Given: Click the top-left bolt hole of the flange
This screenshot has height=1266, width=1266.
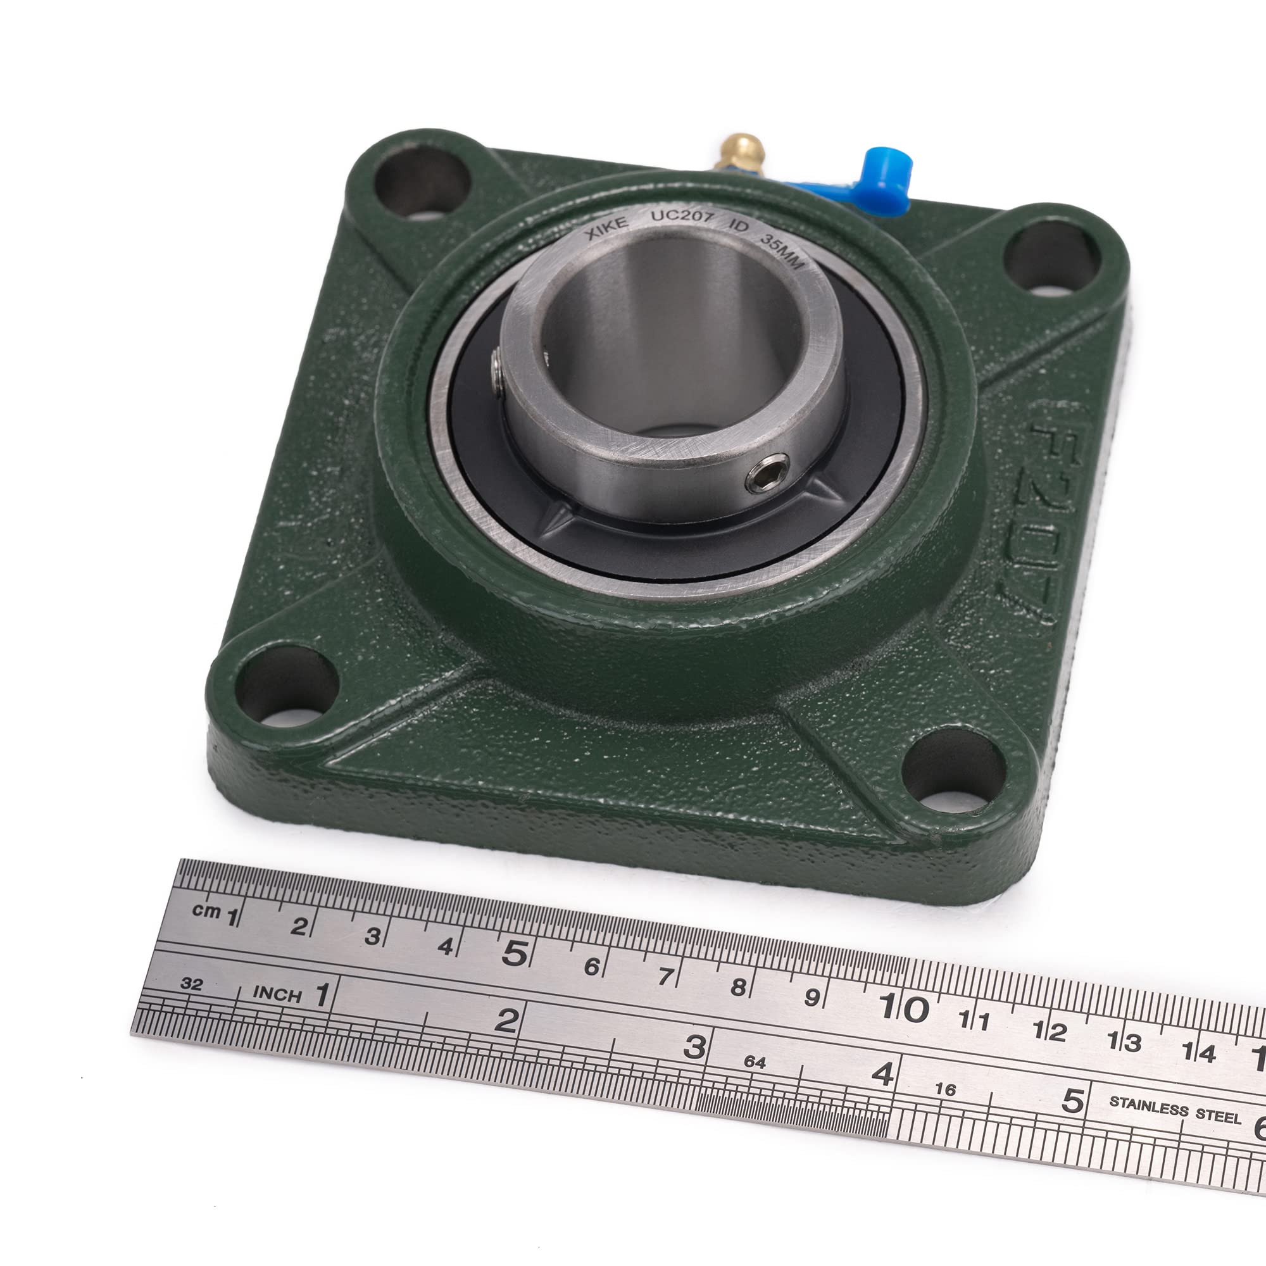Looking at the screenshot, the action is (422, 180).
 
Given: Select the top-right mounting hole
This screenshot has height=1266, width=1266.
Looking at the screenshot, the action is (1051, 258).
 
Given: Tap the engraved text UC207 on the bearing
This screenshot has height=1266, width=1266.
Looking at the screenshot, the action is (681, 218).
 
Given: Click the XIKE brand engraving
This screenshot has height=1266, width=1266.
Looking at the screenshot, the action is (606, 227).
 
